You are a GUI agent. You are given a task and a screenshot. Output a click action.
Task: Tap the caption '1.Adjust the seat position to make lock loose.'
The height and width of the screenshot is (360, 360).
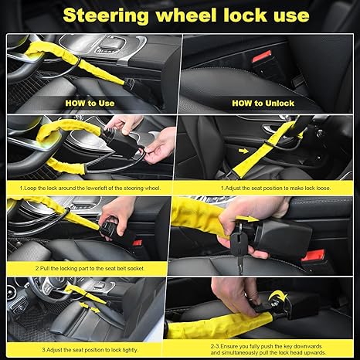[267, 186]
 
